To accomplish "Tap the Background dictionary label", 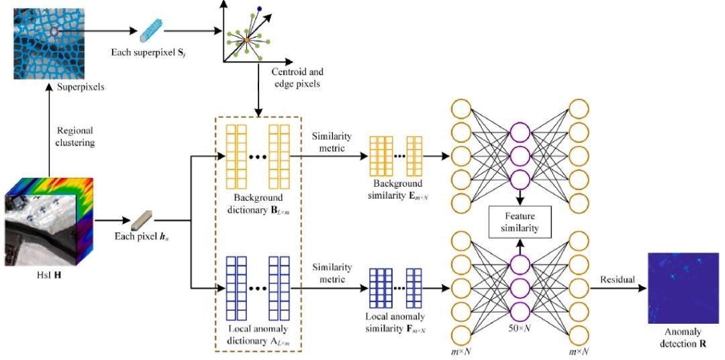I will click(259, 204).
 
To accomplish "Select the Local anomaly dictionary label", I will click(259, 332).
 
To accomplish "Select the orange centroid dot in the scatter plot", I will click(247, 41).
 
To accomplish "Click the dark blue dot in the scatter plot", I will click(259, 9).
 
